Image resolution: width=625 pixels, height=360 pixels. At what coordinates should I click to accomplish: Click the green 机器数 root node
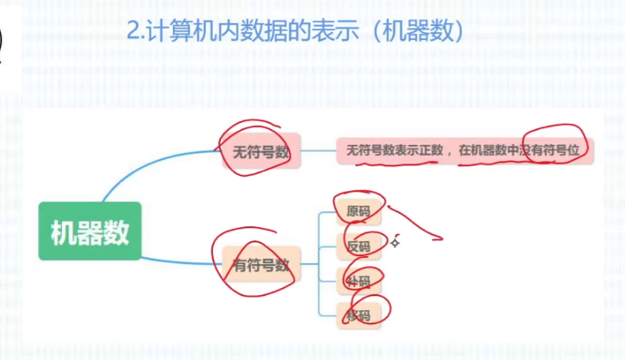click(89, 232)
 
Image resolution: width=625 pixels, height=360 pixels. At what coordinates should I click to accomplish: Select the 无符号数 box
click(255, 152)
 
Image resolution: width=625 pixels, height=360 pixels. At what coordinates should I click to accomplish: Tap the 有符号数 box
click(256, 265)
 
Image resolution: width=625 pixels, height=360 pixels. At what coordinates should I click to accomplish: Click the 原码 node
click(359, 211)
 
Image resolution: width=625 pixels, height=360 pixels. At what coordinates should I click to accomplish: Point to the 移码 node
click(359, 315)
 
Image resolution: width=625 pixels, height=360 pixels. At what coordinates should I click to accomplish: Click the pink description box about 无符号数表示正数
click(464, 150)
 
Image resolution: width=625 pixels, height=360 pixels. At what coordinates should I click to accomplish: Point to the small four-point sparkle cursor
click(396, 243)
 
